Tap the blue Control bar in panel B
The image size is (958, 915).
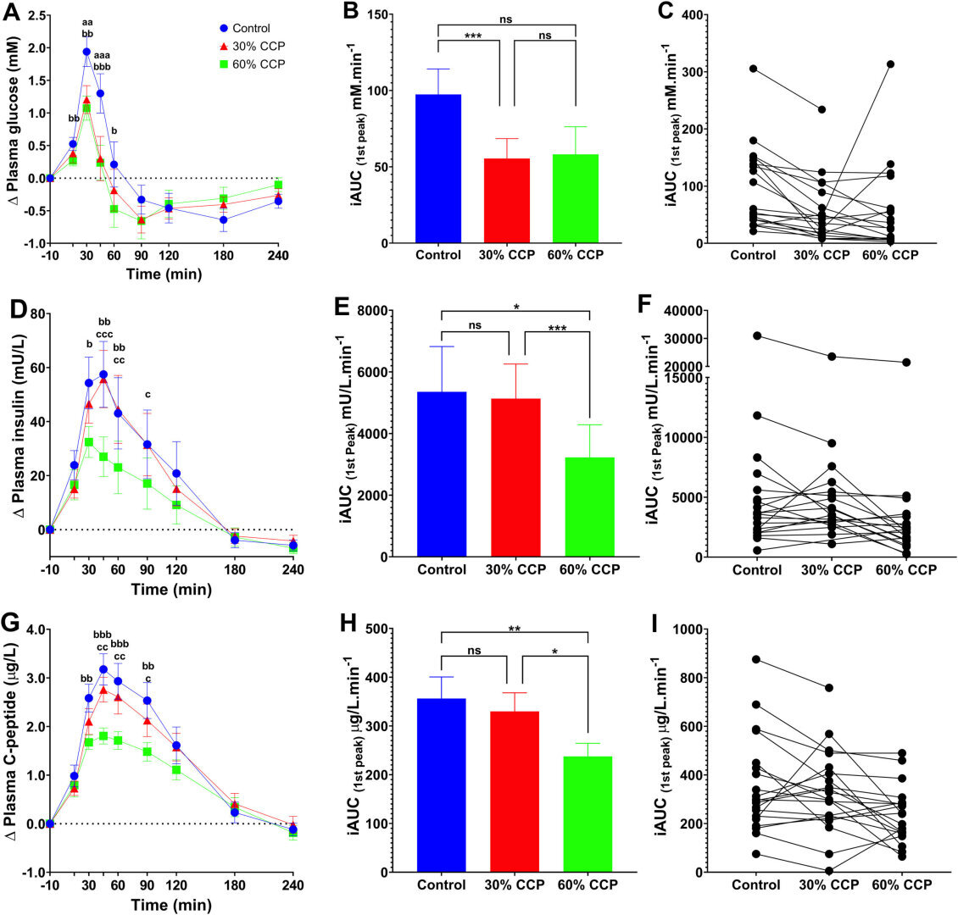click(438, 169)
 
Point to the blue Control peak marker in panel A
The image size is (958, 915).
click(86, 52)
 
